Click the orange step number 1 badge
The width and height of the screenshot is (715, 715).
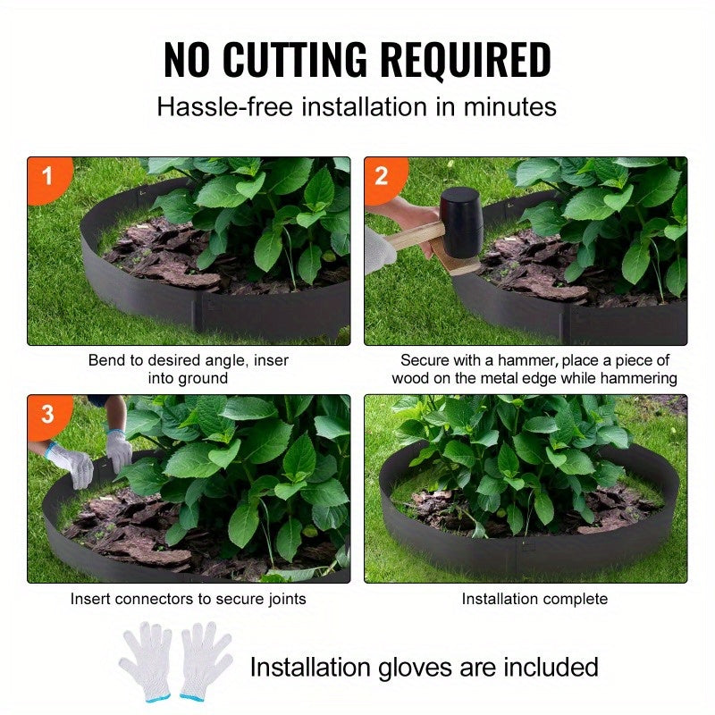pos(46,175)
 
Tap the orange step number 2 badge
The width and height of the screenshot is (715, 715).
pos(382,175)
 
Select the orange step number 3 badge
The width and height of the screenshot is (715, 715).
pos(46,414)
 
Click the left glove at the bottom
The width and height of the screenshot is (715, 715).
pos(146,660)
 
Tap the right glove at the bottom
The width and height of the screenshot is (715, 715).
pos(206,660)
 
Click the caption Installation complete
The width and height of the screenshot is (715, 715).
pos(534,599)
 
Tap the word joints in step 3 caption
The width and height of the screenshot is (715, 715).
pos(285,599)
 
